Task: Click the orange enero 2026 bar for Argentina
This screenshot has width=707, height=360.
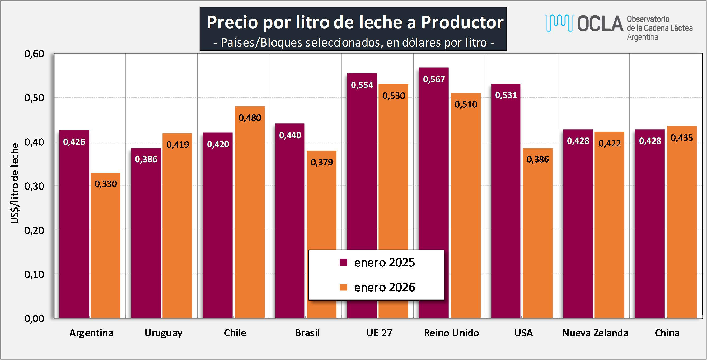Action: point(106,247)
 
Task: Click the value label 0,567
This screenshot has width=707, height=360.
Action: point(434,79)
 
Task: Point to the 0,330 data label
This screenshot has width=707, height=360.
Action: point(106,184)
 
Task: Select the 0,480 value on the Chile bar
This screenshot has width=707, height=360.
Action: point(250,118)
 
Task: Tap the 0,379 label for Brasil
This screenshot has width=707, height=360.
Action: point(322,162)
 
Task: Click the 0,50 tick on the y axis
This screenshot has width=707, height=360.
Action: point(34,98)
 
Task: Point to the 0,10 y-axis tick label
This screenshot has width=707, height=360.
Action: point(34,274)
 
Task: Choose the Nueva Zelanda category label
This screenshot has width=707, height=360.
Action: point(595,333)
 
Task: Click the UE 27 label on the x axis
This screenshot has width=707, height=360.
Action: point(379,333)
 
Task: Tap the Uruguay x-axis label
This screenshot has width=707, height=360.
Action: point(163,333)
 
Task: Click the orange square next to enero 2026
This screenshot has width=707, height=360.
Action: point(343,287)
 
